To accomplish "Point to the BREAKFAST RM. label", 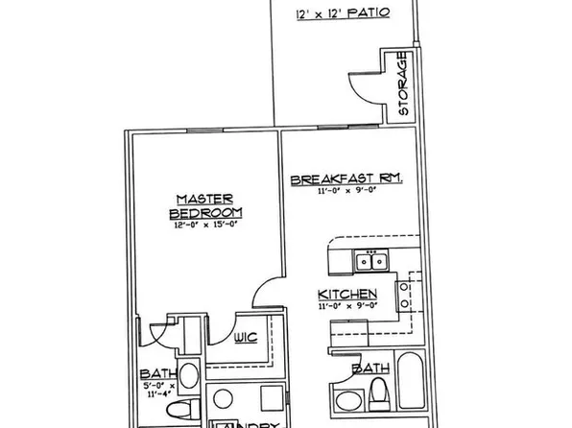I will pyautogui.click(x=346, y=179).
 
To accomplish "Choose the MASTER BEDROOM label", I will pyautogui.click(x=205, y=205).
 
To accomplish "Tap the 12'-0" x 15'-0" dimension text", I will pyautogui.click(x=205, y=226).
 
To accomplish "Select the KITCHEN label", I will pyautogui.click(x=346, y=294).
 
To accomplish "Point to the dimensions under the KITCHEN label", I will pyautogui.click(x=346, y=306).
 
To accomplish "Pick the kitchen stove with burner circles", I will pyautogui.click(x=411, y=298).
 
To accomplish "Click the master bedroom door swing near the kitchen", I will pyautogui.click(x=273, y=292).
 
